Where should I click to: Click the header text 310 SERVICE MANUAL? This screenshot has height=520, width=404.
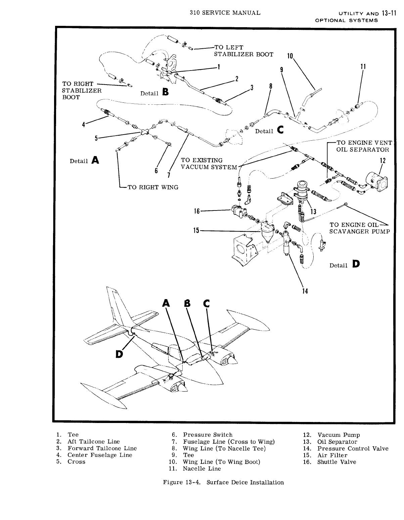point(225,13)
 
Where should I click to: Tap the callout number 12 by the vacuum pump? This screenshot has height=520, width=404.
point(383,160)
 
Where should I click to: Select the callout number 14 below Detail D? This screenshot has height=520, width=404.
point(305,291)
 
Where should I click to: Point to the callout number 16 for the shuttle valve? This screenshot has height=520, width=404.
point(197,211)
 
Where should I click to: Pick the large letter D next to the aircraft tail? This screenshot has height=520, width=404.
point(119,354)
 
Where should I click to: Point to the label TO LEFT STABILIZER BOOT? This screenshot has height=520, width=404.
point(243,51)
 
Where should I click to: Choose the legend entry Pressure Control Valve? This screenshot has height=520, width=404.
point(353,448)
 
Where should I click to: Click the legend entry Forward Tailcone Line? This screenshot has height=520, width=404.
point(102,448)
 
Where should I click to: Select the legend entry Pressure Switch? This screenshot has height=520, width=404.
point(208,435)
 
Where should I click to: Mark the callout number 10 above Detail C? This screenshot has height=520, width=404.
point(290,56)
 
